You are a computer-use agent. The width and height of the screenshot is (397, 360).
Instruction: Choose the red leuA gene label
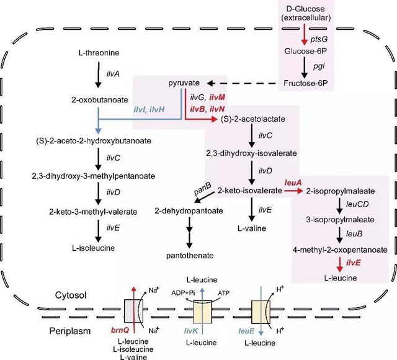(293, 182)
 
